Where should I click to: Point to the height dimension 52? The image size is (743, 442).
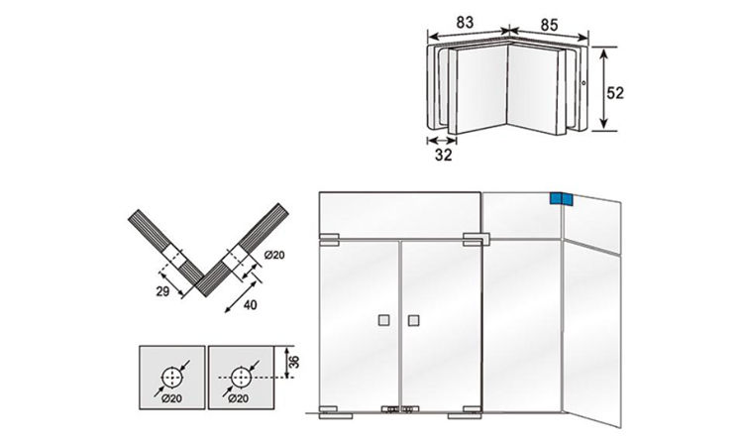[616, 91]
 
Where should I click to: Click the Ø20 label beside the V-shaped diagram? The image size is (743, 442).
[274, 256]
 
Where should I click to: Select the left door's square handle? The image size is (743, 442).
[382, 320]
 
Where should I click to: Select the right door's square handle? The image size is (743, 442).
[414, 320]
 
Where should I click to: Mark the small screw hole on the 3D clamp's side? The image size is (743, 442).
[585, 83]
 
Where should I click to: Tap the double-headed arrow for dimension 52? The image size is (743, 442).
[600, 91]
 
